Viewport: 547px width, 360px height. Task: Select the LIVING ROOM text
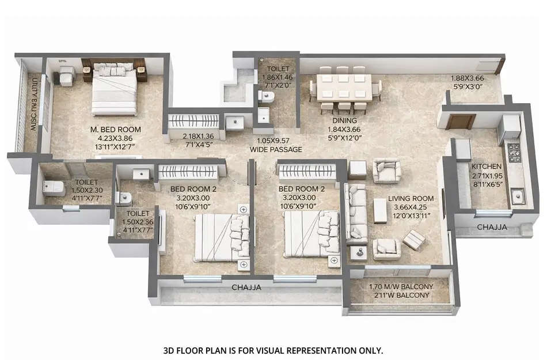pyautogui.click(x=413, y=199)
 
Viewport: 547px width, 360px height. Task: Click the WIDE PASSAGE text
pyautogui.click(x=276, y=150)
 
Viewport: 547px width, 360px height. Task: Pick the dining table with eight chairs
pyautogui.click(x=344, y=90)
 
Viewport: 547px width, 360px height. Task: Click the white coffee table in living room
pyautogui.click(x=379, y=210)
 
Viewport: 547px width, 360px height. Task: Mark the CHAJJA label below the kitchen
pyautogui.click(x=492, y=228)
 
